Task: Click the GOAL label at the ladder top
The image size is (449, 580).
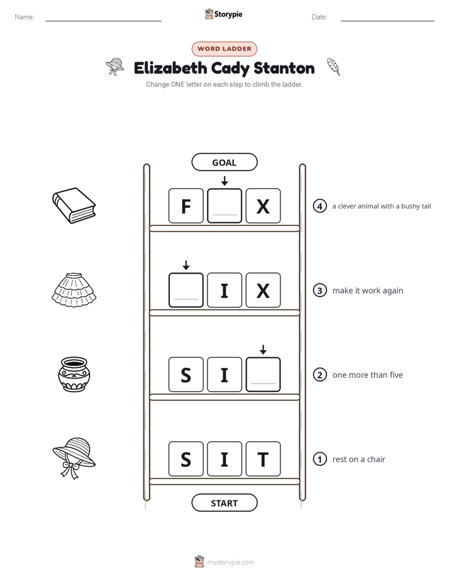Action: click(x=224, y=163)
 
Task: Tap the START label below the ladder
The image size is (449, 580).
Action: click(x=224, y=503)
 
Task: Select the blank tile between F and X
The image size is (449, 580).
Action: click(x=224, y=206)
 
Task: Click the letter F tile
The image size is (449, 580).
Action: click(x=186, y=206)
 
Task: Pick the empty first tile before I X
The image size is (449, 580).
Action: click(x=186, y=291)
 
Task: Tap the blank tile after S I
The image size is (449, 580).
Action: click(x=263, y=375)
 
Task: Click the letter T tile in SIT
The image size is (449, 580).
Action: click(x=263, y=459)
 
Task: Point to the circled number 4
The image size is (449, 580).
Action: click(x=319, y=206)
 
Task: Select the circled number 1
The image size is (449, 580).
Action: click(x=319, y=459)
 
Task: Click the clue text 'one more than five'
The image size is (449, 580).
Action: click(x=367, y=375)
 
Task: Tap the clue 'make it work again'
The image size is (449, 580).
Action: click(x=368, y=291)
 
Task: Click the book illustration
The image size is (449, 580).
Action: click(x=74, y=206)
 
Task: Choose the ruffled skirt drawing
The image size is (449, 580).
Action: click(x=74, y=290)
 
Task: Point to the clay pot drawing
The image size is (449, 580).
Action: click(x=74, y=374)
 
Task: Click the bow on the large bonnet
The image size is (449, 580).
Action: click(x=70, y=470)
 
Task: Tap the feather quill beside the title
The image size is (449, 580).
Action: click(x=333, y=67)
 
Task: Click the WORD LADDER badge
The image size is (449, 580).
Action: click(x=224, y=49)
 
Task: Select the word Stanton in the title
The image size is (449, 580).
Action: click(x=284, y=68)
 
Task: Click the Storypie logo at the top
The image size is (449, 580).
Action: click(x=224, y=14)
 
